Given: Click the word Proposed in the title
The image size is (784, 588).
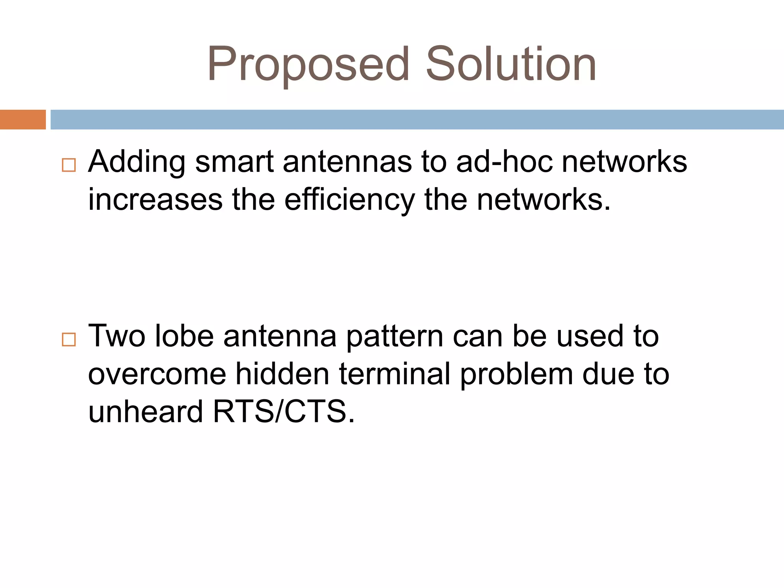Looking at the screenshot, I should (308, 64).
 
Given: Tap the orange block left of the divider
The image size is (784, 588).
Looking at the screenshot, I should (23, 119).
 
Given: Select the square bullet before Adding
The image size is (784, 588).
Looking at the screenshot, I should (69, 165).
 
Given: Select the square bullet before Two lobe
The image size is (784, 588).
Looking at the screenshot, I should (69, 339).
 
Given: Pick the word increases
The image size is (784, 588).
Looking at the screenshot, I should (155, 200).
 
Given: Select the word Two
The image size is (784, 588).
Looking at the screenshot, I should (117, 336).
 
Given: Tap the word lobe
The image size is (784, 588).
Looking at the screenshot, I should (184, 336).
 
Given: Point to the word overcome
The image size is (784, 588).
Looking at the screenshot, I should (157, 374).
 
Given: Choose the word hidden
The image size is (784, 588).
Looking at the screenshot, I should (282, 374).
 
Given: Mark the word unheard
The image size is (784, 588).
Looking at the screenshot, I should (145, 412).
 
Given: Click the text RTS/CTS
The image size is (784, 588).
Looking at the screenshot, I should (284, 412).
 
